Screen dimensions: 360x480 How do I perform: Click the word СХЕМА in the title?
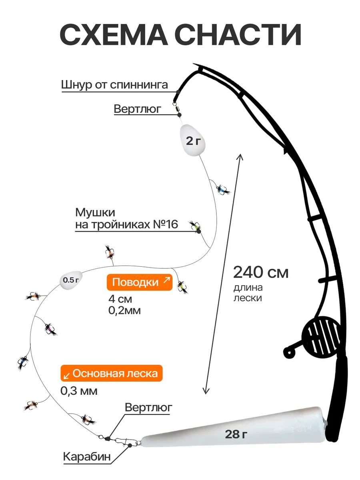[x=114, y=34]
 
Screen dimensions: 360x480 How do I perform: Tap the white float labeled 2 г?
[x=192, y=140]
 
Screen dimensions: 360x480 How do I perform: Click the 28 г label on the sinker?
[x=236, y=434]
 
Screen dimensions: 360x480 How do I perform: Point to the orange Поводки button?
[x=140, y=282]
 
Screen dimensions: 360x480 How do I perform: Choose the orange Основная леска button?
[x=112, y=374]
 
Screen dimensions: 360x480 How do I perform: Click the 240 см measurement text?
[x=261, y=272]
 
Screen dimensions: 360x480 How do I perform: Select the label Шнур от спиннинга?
[x=114, y=85]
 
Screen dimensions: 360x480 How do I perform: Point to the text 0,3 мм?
[x=79, y=391]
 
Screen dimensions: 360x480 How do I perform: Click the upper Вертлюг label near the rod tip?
[x=138, y=109]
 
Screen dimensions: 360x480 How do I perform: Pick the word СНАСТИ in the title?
[x=238, y=34]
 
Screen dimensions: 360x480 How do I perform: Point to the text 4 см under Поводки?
[x=120, y=299]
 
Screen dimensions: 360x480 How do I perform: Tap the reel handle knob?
[x=289, y=353]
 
